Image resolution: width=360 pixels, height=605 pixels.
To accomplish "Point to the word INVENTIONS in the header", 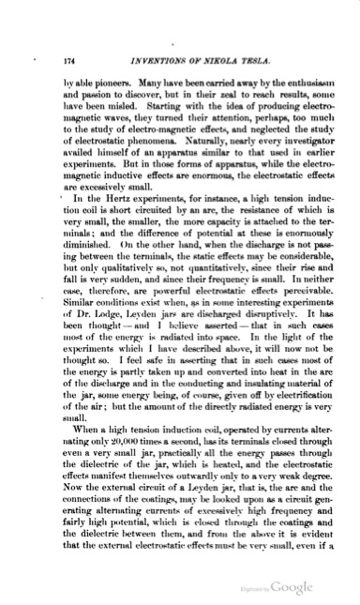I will coord(136,61).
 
